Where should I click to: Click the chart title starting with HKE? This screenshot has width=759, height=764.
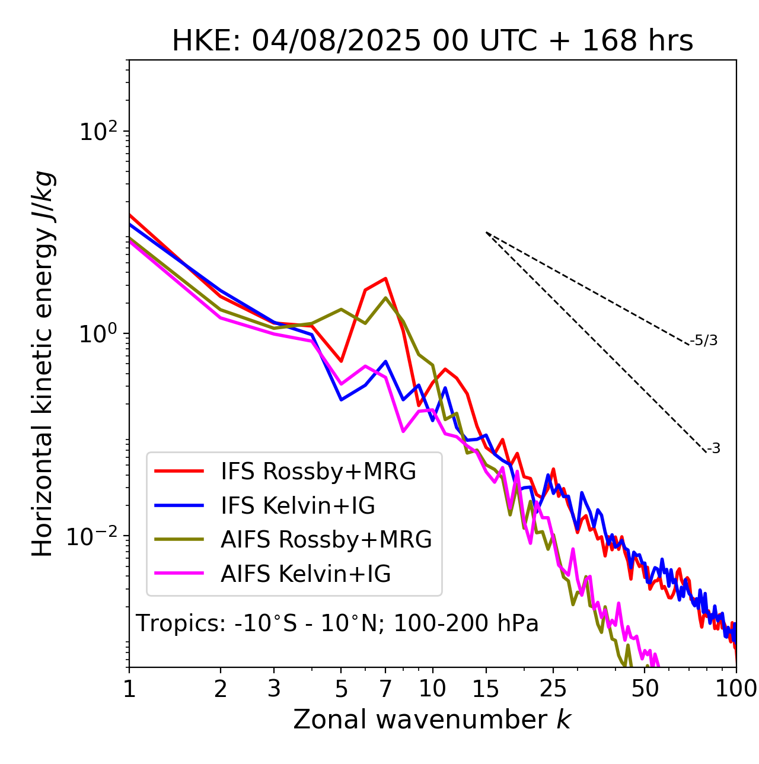432,41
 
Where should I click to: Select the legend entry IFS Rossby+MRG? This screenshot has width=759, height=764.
318,471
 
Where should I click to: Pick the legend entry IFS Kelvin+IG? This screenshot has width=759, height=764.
298,505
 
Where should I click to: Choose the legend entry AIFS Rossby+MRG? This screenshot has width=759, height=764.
326,539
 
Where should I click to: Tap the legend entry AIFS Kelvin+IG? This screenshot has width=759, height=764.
305,574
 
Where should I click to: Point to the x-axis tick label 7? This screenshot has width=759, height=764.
385,688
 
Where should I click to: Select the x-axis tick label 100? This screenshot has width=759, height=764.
735,688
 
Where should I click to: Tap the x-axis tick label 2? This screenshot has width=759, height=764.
221,688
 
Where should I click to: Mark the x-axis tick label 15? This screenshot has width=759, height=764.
486,688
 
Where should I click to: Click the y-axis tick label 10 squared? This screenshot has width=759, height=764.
98,132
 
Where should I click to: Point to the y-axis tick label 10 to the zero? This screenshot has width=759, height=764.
98,333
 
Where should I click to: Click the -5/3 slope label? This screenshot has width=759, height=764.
704,340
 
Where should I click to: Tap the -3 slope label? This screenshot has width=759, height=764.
713,449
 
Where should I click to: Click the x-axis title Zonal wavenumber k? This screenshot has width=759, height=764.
432,720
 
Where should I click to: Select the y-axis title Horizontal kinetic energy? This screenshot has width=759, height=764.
43,364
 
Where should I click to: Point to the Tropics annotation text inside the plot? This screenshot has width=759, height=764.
337,624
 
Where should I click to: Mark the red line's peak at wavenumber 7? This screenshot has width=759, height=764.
385,278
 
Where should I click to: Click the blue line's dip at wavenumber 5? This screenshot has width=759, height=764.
341,399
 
